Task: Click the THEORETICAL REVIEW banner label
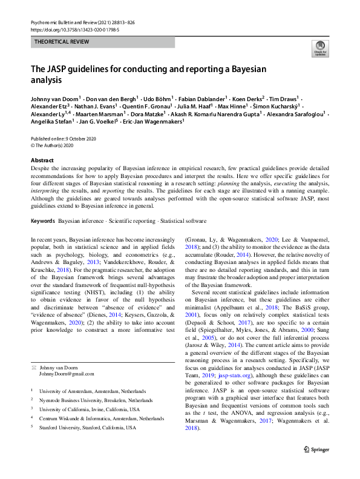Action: pyautogui.click(x=60, y=42)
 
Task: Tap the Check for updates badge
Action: pyautogui.click(x=319, y=48)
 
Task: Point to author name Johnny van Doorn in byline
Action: pyautogui.click(x=55, y=97)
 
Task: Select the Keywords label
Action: pyautogui.click(x=43, y=221)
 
